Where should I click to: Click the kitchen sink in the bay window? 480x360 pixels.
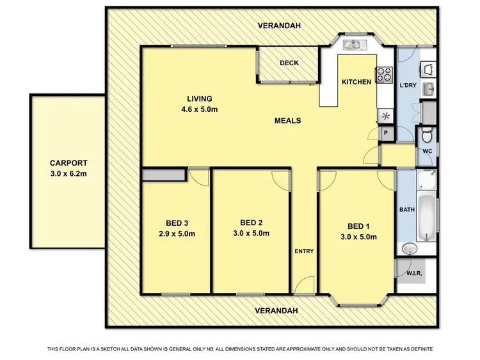353,45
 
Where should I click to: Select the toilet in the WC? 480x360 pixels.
427,136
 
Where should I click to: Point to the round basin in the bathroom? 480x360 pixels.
409,248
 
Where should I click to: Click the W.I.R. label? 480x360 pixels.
414,274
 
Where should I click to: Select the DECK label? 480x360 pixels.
290,63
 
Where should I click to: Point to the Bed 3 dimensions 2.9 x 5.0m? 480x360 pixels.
176,233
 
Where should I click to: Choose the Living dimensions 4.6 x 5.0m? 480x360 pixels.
199,109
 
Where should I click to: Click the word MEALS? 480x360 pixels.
288,120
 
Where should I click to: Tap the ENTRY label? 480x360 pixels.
304,251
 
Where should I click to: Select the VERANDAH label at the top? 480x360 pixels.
279,26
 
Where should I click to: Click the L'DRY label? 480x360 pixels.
409,85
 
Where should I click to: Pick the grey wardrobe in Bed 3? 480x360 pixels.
164,175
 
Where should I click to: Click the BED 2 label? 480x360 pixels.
252,223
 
